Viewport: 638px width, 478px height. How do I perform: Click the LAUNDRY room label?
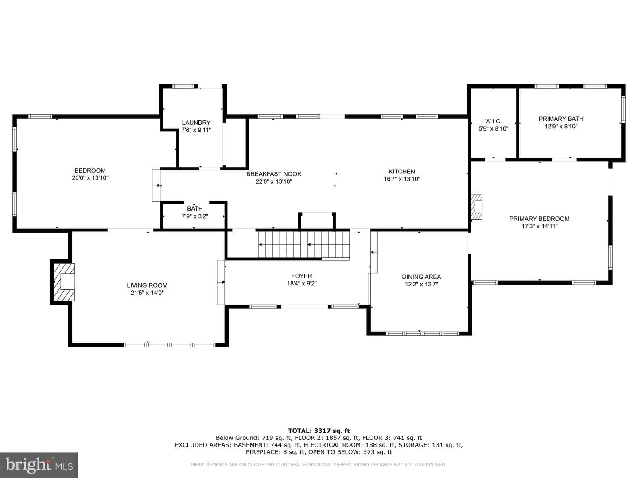pyautogui.click(x=196, y=123)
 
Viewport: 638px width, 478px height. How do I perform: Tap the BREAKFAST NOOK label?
pyautogui.click(x=273, y=174)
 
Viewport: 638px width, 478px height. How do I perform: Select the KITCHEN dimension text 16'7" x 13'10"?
pyautogui.click(x=402, y=179)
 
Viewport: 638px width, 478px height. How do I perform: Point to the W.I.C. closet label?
pyautogui.click(x=493, y=121)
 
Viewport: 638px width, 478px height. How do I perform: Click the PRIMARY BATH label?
pyautogui.click(x=560, y=119)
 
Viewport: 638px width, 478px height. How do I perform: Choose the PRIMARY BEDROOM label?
pyautogui.click(x=539, y=219)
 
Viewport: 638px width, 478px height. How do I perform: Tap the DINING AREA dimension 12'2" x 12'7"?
pyautogui.click(x=421, y=284)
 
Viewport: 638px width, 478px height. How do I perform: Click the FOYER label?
pyautogui.click(x=301, y=276)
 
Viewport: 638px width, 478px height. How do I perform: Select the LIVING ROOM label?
pyautogui.click(x=147, y=285)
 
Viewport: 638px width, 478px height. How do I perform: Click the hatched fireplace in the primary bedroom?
pyautogui.click(x=477, y=206)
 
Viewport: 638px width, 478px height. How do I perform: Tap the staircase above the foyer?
pyautogui.click(x=304, y=245)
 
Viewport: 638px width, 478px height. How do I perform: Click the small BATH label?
pyautogui.click(x=195, y=208)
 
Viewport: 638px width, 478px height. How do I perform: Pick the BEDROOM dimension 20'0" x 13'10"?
pyautogui.click(x=90, y=178)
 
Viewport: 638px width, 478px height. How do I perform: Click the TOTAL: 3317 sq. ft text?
pyautogui.click(x=319, y=431)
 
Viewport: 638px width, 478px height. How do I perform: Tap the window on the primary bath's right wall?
pyautogui.click(x=623, y=108)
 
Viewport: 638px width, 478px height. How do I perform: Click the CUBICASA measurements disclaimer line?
pyautogui.click(x=319, y=465)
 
